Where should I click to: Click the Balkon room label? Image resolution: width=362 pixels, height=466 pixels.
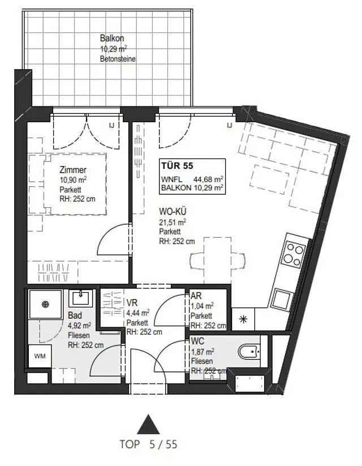(112, 39)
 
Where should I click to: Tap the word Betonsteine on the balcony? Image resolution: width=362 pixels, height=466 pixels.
(118, 59)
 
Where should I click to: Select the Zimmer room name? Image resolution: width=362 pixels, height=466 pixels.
(73, 170)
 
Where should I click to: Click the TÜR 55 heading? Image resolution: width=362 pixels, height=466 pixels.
(177, 165)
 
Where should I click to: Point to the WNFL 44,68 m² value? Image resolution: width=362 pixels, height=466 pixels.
(192, 179)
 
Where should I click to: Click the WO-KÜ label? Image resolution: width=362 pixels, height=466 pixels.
(173, 212)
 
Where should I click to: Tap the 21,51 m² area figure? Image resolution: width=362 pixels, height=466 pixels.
(173, 222)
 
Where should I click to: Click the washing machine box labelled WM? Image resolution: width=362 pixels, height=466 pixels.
(40, 356)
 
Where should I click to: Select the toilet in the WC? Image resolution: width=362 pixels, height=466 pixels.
(249, 352)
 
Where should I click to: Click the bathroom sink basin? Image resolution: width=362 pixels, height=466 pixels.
(81, 298)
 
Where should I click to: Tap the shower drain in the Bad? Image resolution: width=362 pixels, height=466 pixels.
(45, 304)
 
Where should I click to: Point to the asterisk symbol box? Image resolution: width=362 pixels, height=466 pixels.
(243, 319)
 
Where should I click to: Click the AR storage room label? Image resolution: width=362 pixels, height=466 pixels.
(196, 296)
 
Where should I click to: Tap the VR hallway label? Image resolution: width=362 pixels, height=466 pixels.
(132, 303)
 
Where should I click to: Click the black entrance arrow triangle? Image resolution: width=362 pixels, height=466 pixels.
(148, 424)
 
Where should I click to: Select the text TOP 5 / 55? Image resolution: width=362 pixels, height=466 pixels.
(148, 444)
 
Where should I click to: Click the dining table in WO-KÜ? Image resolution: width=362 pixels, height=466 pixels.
(217, 260)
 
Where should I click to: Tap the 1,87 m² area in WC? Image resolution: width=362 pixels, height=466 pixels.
(203, 352)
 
